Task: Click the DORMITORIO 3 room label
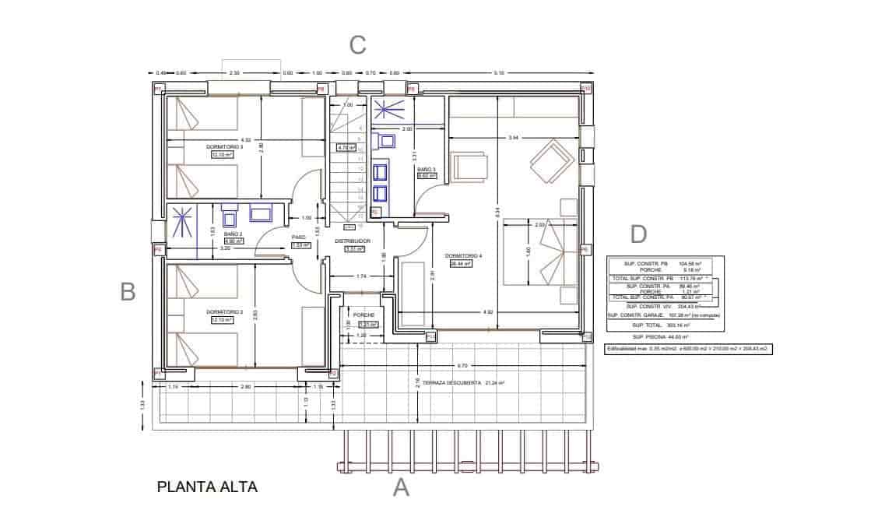click(x=225, y=146)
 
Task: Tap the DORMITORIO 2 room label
click(x=225, y=311)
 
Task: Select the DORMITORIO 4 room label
click(x=463, y=255)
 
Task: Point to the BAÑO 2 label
click(x=234, y=234)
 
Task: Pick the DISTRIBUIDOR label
click(x=352, y=241)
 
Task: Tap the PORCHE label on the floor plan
click(x=364, y=315)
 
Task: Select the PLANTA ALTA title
click(x=207, y=487)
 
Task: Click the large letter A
click(x=401, y=488)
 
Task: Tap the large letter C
click(x=357, y=45)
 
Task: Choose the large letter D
click(x=637, y=234)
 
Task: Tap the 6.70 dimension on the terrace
click(x=462, y=364)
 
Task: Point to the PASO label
click(x=299, y=237)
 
